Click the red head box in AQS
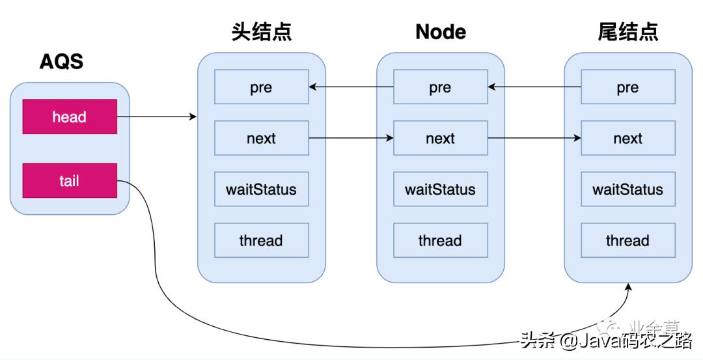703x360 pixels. pos(70,117)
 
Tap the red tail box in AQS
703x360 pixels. pos(70,180)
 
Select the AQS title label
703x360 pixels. pos(61,62)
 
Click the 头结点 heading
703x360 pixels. pos(261,32)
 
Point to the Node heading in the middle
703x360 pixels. pos(441,32)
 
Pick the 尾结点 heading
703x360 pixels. pos(627,32)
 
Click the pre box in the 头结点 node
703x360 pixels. pos(261,87)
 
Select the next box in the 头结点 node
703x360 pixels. pos(261,138)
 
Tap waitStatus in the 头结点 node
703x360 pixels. pos(261,189)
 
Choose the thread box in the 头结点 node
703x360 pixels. pos(261,240)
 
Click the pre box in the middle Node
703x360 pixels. pos(441,87)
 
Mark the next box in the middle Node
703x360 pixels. pos(441,138)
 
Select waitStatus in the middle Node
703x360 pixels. pos(441,189)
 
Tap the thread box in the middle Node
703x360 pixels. pos(441,240)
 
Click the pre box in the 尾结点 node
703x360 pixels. pos(627,87)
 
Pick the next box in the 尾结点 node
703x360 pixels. pos(627,138)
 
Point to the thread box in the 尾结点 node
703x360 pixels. pos(627,240)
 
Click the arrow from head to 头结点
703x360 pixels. pos(156,117)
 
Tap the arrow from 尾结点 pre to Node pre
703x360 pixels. pos(534,87)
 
